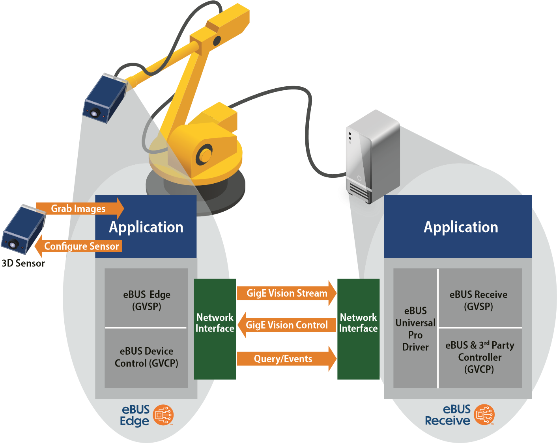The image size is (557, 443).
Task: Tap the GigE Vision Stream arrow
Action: tap(287, 293)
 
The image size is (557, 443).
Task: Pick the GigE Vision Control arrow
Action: tap(287, 325)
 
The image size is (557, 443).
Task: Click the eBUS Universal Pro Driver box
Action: tap(415, 329)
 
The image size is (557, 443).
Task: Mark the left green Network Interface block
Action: tap(215, 329)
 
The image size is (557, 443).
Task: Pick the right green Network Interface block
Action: tap(358, 329)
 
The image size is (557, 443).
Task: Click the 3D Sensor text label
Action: tap(23, 263)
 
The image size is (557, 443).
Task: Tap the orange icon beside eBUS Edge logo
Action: tap(163, 415)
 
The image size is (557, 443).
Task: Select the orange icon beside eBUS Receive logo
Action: tap(484, 415)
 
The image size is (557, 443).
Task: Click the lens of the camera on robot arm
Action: tap(94, 114)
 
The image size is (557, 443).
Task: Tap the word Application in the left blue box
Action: tap(146, 227)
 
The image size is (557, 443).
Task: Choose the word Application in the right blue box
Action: tap(461, 227)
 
